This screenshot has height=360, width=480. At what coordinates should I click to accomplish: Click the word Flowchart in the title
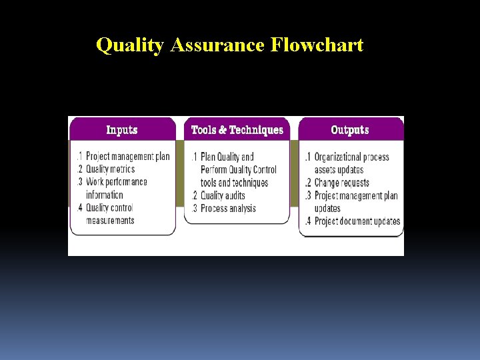pos(317,45)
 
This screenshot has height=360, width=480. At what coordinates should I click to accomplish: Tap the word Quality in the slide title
pos(131,45)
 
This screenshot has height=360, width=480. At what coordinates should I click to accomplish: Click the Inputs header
pos(122,130)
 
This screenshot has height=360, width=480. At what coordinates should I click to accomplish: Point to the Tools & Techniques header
pos(237,130)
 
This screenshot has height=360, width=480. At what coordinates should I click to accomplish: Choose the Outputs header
pos(350,130)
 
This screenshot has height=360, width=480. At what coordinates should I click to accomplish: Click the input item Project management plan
pos(127,157)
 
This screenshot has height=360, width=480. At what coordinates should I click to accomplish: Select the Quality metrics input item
pos(110,169)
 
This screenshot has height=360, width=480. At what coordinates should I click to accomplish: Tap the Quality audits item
pos(223,195)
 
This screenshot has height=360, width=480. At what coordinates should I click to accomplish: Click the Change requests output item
pos(342,183)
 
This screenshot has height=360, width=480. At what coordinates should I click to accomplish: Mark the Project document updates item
pos(357,221)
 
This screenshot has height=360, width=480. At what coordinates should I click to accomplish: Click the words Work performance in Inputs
pos(117,182)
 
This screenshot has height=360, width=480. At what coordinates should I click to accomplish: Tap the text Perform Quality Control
pos(239,169)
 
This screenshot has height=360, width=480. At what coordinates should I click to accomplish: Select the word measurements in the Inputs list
pos(110,221)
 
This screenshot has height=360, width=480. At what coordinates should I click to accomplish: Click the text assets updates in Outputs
pos(339,169)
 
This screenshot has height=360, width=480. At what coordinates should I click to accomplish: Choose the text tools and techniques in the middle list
pos(234,183)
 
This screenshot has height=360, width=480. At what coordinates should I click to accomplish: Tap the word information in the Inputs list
pos(105,195)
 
